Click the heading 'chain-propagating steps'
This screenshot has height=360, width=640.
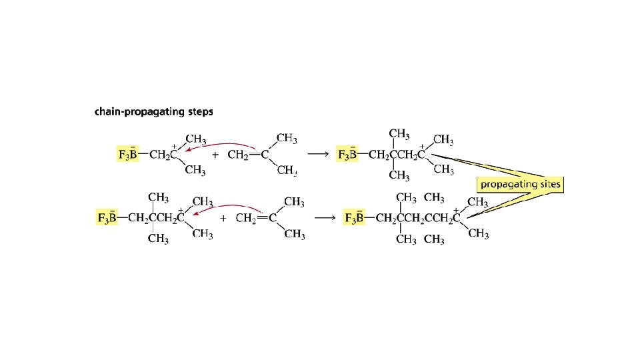tap(154, 112)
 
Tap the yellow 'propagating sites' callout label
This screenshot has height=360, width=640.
tap(521, 184)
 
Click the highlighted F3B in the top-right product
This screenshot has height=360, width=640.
tap(349, 155)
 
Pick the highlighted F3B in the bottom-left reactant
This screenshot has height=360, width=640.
tap(107, 218)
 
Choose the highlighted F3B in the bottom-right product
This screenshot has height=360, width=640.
tap(354, 218)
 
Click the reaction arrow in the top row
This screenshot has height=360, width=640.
tap(318, 155)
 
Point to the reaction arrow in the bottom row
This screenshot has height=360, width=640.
tap(325, 217)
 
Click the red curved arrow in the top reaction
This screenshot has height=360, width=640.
tap(220, 145)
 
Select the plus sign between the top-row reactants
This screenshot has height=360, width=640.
tap(215, 155)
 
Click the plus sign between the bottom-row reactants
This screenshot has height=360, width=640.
tap(223, 218)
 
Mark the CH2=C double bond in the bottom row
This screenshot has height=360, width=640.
tap(262, 217)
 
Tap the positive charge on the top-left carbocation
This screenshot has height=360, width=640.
tap(175, 145)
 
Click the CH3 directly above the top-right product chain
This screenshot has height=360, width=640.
tap(399, 135)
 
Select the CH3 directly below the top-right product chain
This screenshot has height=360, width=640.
tap(399, 175)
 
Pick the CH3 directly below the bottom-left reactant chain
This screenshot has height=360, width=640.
tap(158, 238)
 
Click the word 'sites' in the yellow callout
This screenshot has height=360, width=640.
tap(547, 184)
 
